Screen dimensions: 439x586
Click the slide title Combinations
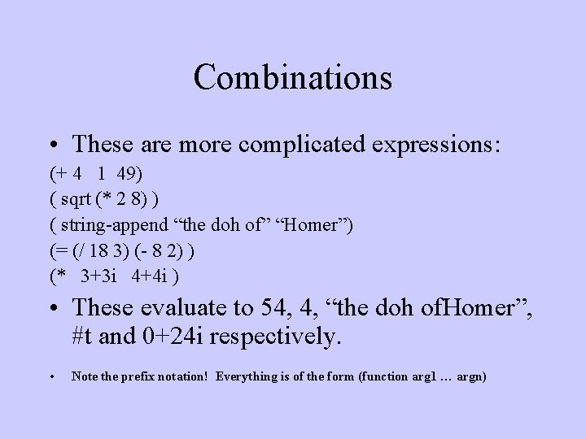tap(293, 77)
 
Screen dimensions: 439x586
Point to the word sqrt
tap(78, 200)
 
